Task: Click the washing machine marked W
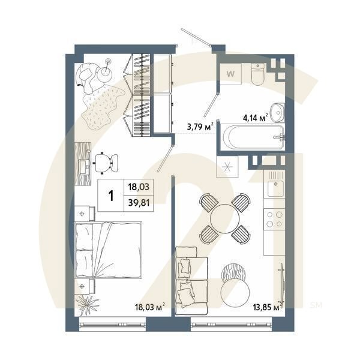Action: [231, 74]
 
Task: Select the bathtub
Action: [251, 139]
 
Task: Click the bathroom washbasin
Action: [277, 112]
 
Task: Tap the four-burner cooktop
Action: [275, 219]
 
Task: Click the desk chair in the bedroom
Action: [103, 161]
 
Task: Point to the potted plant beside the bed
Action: [88, 303]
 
